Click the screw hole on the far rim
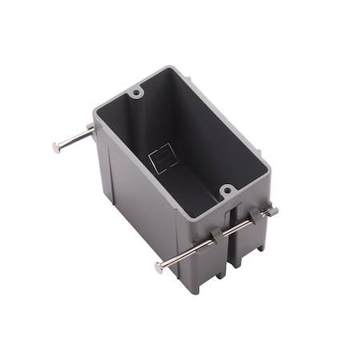point(137,94)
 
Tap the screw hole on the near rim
point(227,190)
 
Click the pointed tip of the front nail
point(274,210)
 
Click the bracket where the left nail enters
point(94,132)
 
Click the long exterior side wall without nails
point(136,208)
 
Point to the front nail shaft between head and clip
point(188,253)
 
